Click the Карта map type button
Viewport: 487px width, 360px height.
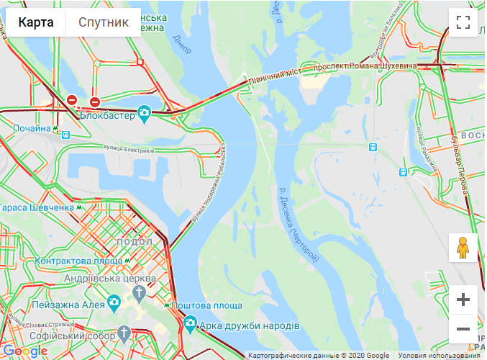pyautogui.click(x=36, y=22)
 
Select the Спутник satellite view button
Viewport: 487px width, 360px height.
pyautogui.click(x=104, y=22)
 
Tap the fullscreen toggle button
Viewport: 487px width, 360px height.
pyautogui.click(x=463, y=22)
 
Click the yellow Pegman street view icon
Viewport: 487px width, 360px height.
pyautogui.click(x=463, y=248)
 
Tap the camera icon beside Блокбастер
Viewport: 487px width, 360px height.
pyautogui.click(x=145, y=113)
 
